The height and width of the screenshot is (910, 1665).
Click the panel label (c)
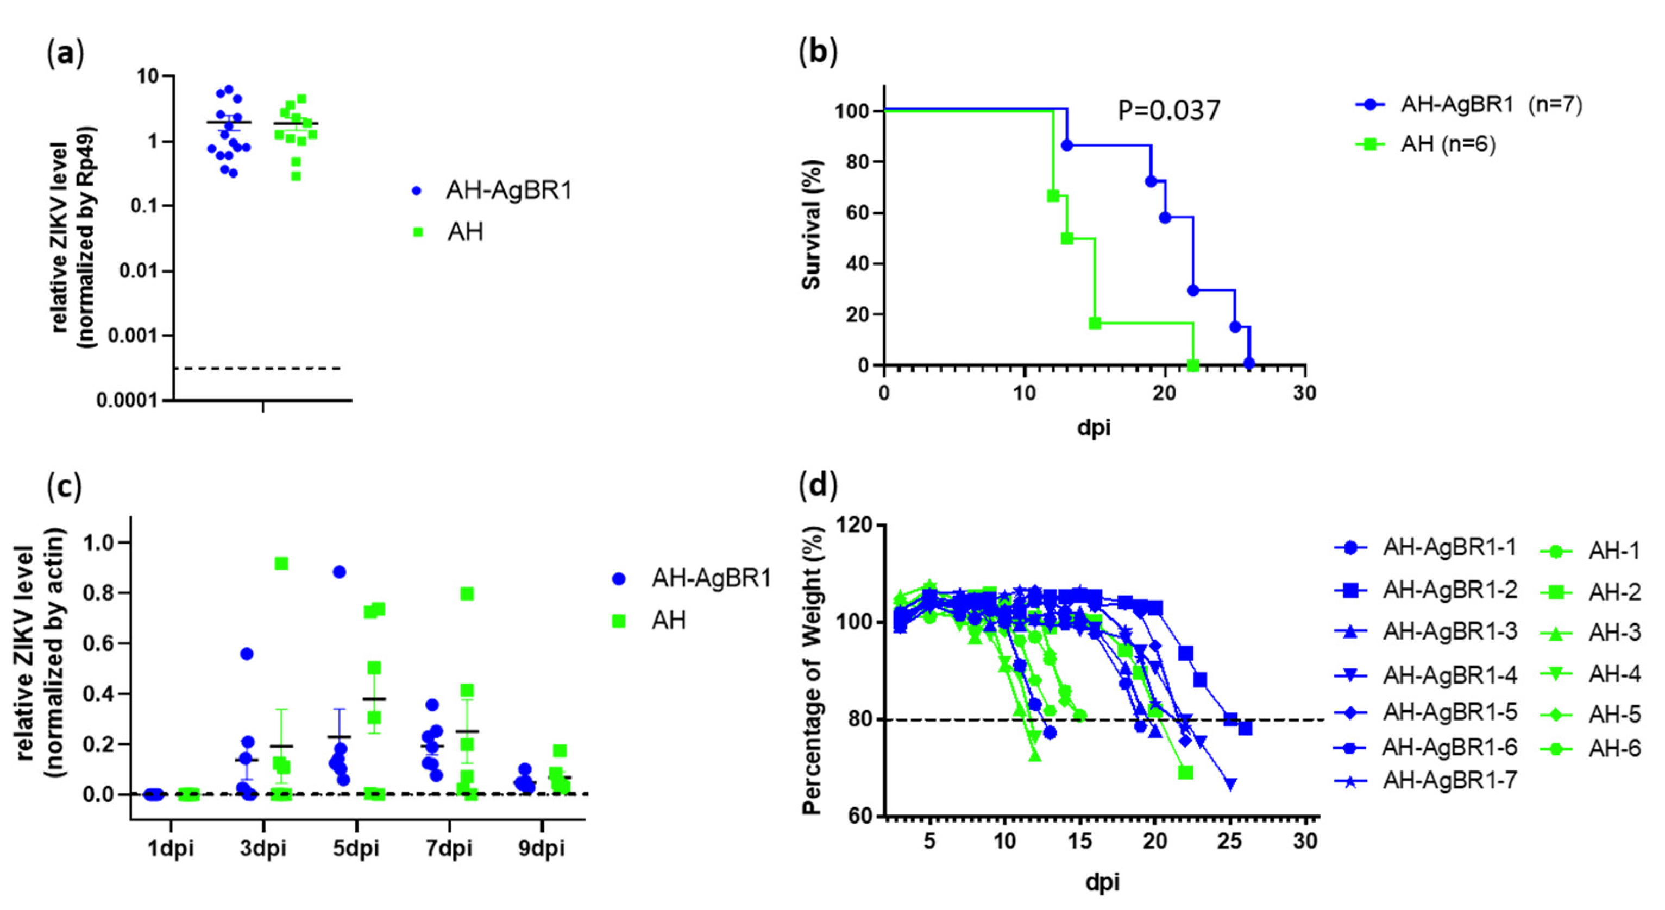click(x=65, y=486)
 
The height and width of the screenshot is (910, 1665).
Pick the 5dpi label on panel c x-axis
click(x=356, y=848)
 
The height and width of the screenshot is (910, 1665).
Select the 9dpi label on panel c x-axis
click(x=542, y=848)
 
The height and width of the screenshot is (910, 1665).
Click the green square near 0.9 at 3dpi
click(x=281, y=564)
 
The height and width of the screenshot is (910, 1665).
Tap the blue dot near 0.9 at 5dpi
click(x=338, y=572)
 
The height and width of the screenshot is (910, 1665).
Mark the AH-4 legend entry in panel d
click(x=1614, y=674)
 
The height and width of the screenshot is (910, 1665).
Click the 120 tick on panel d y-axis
click(x=854, y=524)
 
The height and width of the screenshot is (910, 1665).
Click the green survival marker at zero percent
click(x=1193, y=365)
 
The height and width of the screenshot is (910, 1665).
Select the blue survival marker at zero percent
click(x=1249, y=364)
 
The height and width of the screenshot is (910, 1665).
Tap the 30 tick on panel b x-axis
click(x=1305, y=393)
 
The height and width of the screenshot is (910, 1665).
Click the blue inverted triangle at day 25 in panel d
click(x=1230, y=783)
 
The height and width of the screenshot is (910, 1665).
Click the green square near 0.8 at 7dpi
click(x=467, y=593)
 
